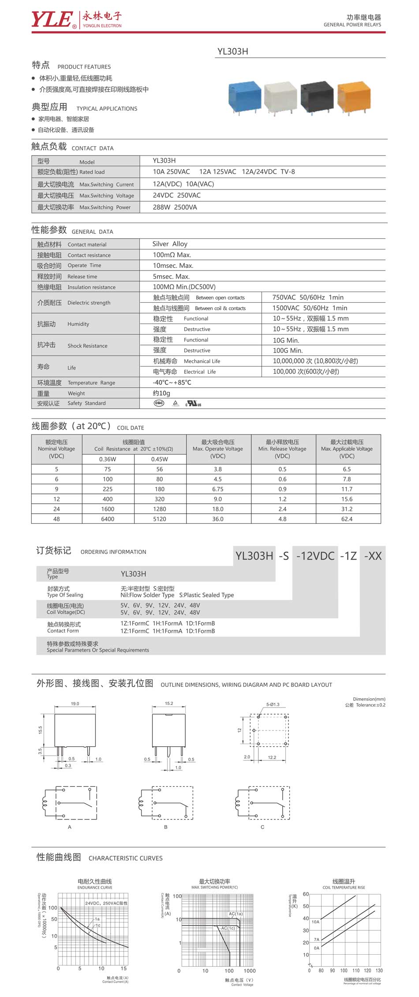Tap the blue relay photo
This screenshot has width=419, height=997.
coord(244,97)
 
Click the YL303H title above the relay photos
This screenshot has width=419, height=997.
coord(232,52)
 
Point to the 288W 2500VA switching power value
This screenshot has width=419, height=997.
coord(175,207)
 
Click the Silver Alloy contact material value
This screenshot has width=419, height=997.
coord(170,244)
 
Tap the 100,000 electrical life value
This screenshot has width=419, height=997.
coord(306,371)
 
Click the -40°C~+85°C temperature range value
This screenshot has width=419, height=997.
coord(172,382)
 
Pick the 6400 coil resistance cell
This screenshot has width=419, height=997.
coord(108,519)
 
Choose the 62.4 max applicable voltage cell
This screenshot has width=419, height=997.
coord(347,519)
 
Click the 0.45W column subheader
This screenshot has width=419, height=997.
coord(159,459)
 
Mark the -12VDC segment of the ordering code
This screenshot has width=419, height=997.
coord(315,556)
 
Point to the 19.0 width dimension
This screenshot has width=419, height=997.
coord(75,704)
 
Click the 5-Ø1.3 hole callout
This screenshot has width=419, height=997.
coord(273,704)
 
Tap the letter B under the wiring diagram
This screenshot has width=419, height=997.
coord(166,827)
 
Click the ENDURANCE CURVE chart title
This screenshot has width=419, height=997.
coord(95,887)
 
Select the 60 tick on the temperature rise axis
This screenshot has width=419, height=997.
coord(306,894)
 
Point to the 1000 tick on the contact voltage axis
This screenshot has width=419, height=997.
coord(249,971)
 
